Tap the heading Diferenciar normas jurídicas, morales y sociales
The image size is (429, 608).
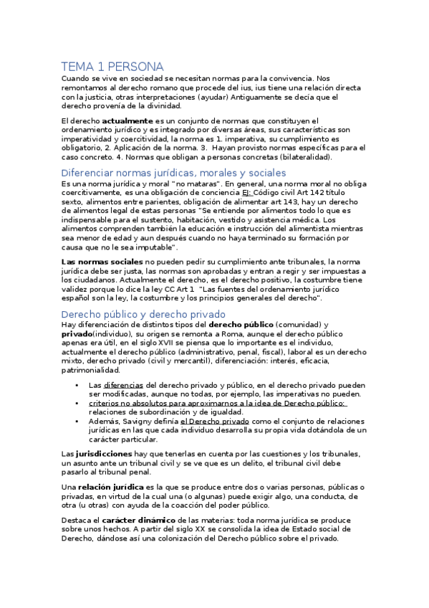pyautogui.click(x=173, y=173)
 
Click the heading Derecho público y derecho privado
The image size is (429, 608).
pyautogui.click(x=143, y=314)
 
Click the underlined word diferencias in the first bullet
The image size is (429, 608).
pyautogui.click(x=123, y=385)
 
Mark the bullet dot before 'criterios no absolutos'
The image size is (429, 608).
pyautogui.click(x=77, y=403)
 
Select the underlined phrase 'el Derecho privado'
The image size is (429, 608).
pyautogui.click(x=209, y=422)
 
